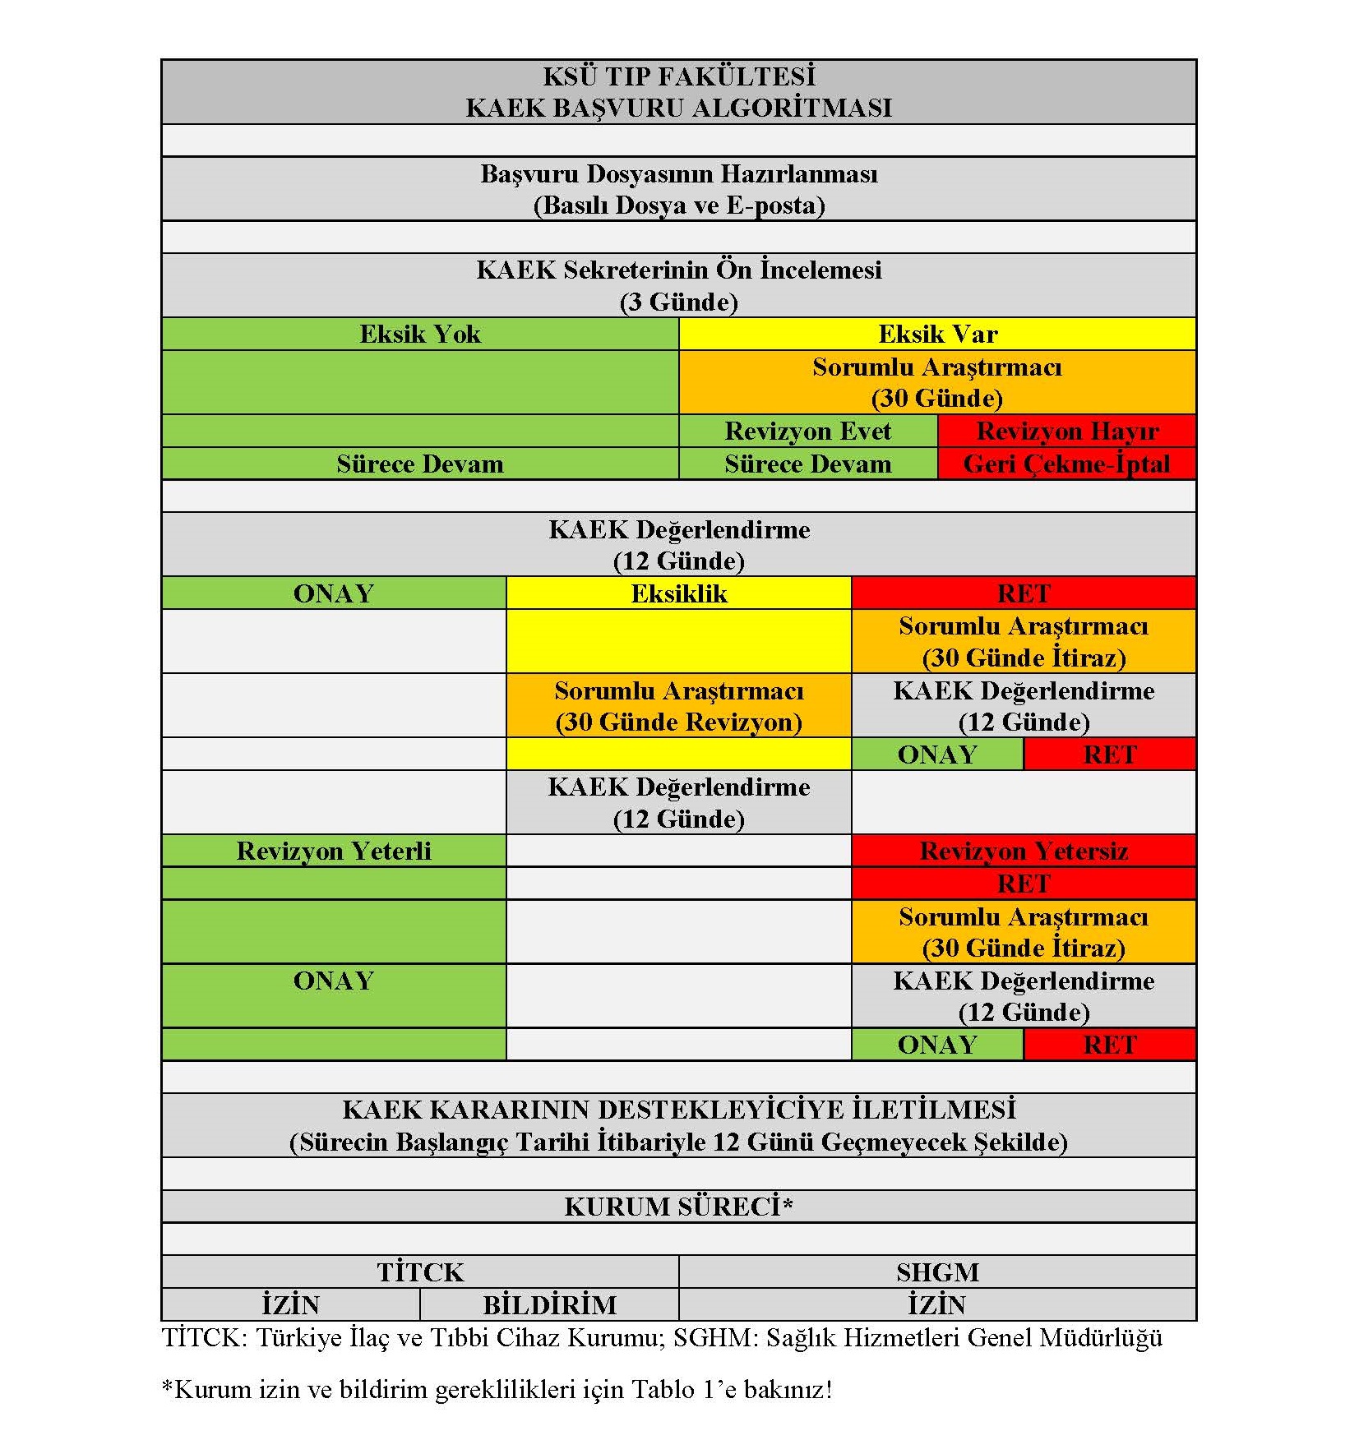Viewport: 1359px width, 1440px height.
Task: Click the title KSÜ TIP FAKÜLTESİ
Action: pyautogui.click(x=678, y=76)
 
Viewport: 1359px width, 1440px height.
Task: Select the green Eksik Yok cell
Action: pyautogui.click(x=419, y=334)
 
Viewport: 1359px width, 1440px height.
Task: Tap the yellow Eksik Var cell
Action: pyautogui.click(x=937, y=334)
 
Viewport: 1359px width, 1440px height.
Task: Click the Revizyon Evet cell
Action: pyautogui.click(x=807, y=431)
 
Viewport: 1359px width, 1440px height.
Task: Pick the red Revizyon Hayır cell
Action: pyautogui.click(x=1066, y=431)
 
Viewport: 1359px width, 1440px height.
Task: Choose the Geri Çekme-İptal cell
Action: pyautogui.click(x=1066, y=464)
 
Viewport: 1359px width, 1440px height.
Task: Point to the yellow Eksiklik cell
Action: pyautogui.click(x=678, y=593)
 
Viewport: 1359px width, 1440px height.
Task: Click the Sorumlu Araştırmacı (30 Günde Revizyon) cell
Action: pyautogui.click(x=678, y=705)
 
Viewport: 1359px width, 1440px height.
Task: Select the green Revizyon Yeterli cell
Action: pyautogui.click(x=333, y=851)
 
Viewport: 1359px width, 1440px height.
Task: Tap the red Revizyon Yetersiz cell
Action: pyautogui.click(x=1024, y=851)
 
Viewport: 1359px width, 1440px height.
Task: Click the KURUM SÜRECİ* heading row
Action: pyautogui.click(x=678, y=1207)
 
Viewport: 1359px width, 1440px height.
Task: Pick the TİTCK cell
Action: pyautogui.click(x=420, y=1272)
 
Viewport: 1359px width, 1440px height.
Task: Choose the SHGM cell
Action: pyautogui.click(x=937, y=1272)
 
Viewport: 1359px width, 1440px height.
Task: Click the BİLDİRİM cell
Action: pyautogui.click(x=549, y=1304)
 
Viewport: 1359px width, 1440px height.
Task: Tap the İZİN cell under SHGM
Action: pyautogui.click(x=937, y=1304)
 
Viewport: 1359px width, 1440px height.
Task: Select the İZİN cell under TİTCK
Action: pyautogui.click(x=290, y=1304)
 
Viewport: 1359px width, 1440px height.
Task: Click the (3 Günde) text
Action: pyautogui.click(x=678, y=302)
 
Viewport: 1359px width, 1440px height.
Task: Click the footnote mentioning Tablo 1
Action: pyautogui.click(x=497, y=1390)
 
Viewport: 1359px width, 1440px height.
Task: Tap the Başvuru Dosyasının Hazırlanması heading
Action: pyautogui.click(x=678, y=174)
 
